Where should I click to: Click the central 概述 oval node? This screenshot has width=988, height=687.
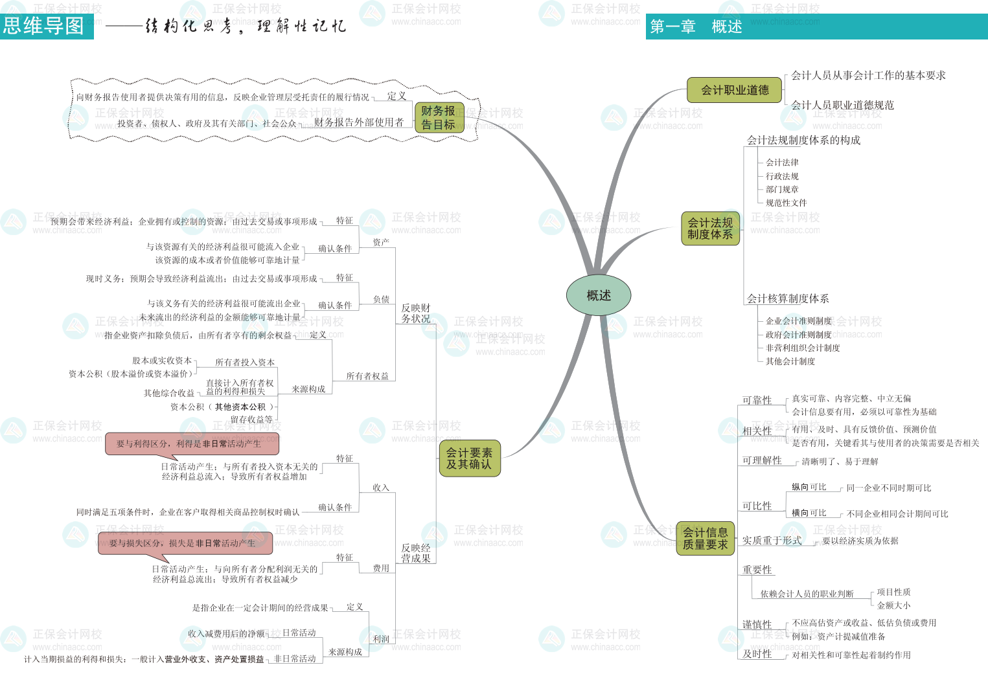[x=599, y=296]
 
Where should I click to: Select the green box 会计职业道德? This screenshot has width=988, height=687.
[x=735, y=91]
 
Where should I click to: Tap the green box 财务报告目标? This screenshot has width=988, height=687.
[x=439, y=118]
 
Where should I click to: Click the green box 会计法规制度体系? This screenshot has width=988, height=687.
[x=710, y=229]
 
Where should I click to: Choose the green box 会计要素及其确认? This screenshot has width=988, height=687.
[x=469, y=458]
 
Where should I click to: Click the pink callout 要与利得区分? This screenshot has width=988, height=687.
[x=192, y=444]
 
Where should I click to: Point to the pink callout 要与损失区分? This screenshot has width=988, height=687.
[x=185, y=543]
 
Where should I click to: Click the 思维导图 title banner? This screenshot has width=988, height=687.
[x=45, y=26]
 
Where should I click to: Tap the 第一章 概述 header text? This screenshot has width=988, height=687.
[x=696, y=27]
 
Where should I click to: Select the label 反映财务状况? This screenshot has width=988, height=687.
[x=415, y=313]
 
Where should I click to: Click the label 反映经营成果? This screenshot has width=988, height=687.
[x=415, y=553]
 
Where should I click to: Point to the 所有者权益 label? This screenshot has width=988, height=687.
[x=367, y=376]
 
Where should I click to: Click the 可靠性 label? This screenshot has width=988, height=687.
[x=757, y=400]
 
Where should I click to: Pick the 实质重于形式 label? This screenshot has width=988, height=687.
[x=772, y=541]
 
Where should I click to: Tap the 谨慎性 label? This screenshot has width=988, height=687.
[x=757, y=625]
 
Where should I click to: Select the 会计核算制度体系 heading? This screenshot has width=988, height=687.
[x=788, y=298]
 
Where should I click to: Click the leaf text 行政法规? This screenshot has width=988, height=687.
[x=782, y=176]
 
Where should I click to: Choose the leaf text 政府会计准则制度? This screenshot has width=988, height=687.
[x=798, y=335]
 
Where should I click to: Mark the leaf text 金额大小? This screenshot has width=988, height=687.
[x=893, y=605]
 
